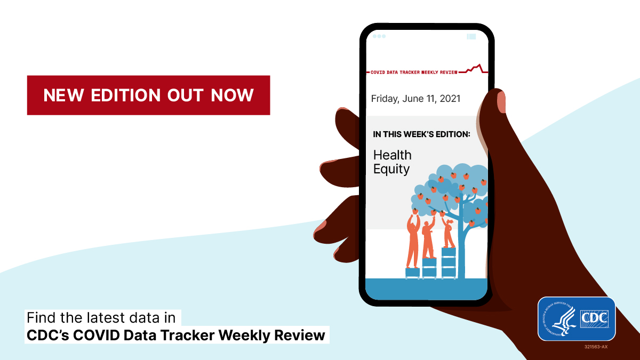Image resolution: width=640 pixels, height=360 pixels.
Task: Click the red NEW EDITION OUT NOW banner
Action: point(148,95)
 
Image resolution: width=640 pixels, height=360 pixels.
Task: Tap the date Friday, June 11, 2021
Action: point(415,99)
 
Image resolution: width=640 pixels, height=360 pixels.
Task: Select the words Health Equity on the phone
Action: point(392,162)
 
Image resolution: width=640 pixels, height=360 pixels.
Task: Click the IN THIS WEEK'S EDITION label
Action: point(421,134)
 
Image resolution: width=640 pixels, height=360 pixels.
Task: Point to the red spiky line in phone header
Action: point(475,68)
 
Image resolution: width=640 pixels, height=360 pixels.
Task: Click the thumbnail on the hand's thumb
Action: point(501,101)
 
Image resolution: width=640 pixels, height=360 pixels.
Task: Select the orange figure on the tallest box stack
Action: point(448,233)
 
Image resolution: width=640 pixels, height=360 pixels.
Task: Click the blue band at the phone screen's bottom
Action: point(426,289)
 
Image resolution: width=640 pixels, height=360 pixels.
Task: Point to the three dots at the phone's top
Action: point(379,36)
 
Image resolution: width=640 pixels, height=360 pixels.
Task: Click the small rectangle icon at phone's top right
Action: point(471,36)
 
